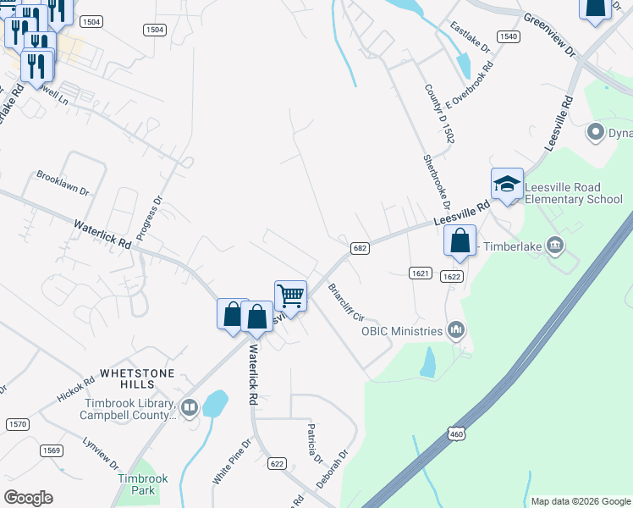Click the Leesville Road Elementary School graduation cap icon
click(x=507, y=184)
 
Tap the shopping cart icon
click(x=290, y=296)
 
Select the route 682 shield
click(x=359, y=246)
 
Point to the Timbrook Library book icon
click(x=189, y=408)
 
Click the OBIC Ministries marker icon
click(x=457, y=329)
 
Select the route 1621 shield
click(x=421, y=273)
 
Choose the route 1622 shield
click(x=452, y=276)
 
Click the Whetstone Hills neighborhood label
click(x=137, y=378)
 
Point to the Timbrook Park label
click(x=142, y=484)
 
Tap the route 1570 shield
click(x=17, y=423)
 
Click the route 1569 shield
click(x=50, y=450)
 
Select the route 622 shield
click(x=277, y=463)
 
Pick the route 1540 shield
click(x=508, y=36)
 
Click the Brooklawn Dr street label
click(x=63, y=184)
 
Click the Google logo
click(x=28, y=498)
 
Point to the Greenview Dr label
click(x=550, y=34)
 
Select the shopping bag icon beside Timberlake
click(x=460, y=241)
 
